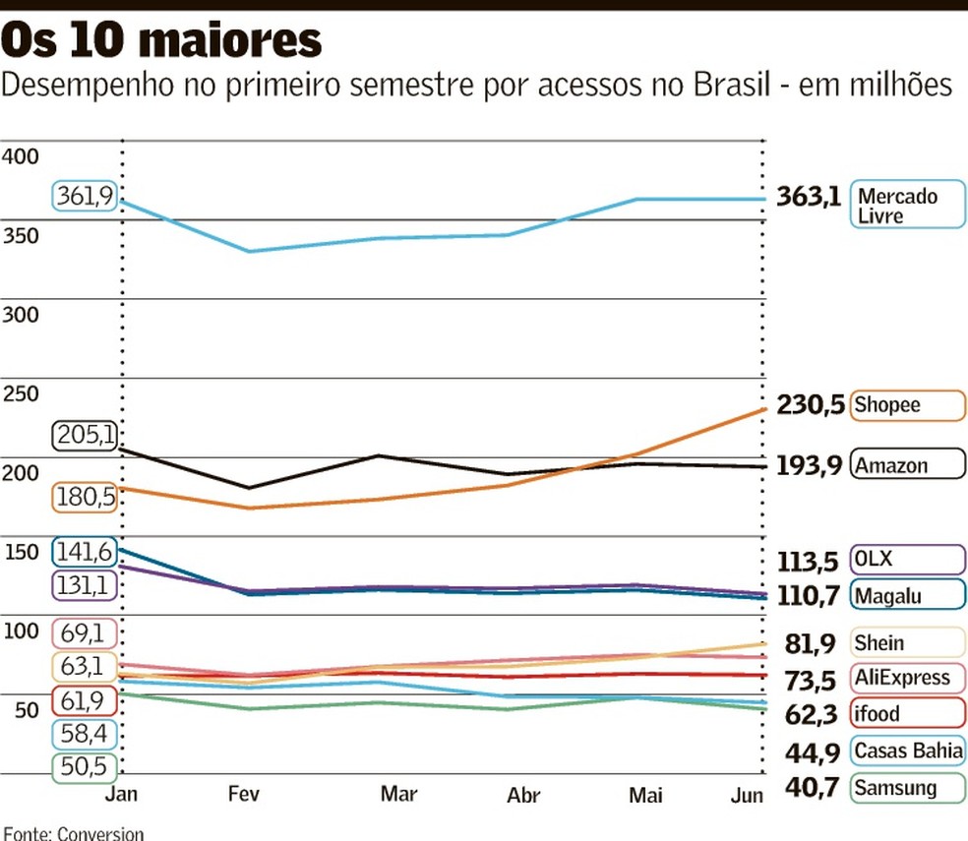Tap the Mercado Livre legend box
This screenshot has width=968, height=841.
(x=908, y=205)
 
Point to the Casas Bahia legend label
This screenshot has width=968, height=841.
(x=908, y=751)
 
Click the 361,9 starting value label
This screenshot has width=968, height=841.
(x=84, y=196)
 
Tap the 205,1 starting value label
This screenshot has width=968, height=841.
(x=84, y=434)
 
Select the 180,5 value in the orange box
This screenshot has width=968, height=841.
(x=84, y=498)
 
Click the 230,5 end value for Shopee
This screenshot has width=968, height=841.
(x=811, y=405)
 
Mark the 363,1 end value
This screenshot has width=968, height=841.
(x=809, y=196)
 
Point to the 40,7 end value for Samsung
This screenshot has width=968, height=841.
(x=813, y=788)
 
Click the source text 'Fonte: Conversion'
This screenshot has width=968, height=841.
(x=73, y=833)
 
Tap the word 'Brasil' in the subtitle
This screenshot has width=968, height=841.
(x=733, y=86)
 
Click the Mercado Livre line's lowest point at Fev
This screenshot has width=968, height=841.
(x=250, y=252)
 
